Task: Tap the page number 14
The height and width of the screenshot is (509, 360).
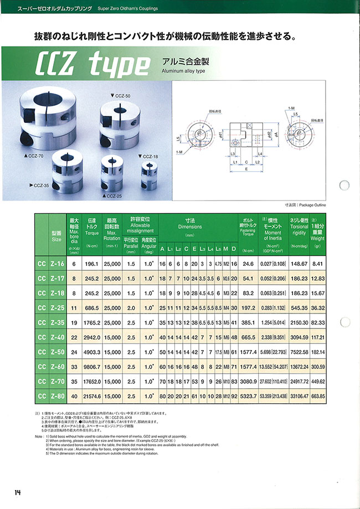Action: point(18,492)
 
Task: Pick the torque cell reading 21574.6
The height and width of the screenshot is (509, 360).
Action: point(92,396)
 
